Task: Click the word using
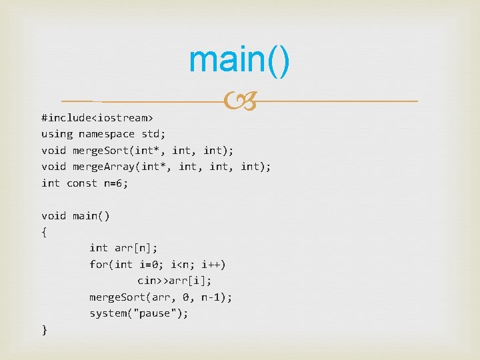pyautogui.click(x=57, y=134)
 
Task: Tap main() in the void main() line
pyautogui.click(x=92, y=216)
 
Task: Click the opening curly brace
pyautogui.click(x=44, y=232)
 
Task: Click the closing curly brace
pyautogui.click(x=44, y=330)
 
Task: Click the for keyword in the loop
pyautogui.click(x=98, y=265)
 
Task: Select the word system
pyautogui.click(x=108, y=313)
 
